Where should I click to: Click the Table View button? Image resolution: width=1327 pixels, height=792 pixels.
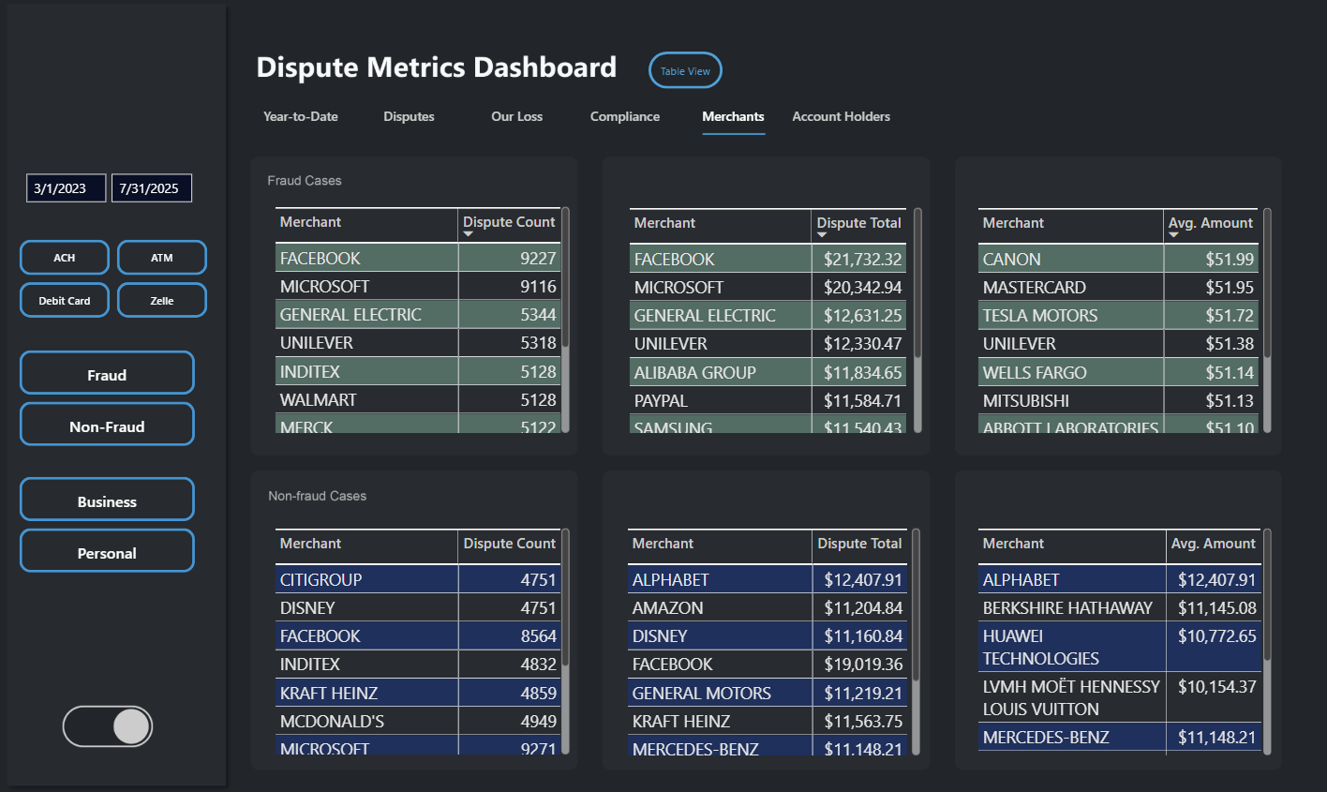click(x=685, y=70)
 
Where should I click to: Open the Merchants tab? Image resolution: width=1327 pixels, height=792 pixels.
click(x=733, y=116)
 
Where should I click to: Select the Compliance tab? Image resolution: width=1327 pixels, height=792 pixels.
click(x=624, y=116)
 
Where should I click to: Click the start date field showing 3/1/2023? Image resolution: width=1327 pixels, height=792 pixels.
click(x=66, y=188)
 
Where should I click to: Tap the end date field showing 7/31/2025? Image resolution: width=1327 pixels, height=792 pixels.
click(x=151, y=188)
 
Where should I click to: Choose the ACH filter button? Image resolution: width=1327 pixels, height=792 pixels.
click(x=65, y=258)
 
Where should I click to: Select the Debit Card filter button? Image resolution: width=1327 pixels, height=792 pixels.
click(x=65, y=301)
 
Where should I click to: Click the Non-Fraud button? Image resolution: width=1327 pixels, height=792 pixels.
click(x=107, y=426)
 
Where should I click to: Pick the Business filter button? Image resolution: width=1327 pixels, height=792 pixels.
click(x=107, y=501)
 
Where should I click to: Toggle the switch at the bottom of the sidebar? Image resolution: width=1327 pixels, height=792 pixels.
click(x=108, y=726)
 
